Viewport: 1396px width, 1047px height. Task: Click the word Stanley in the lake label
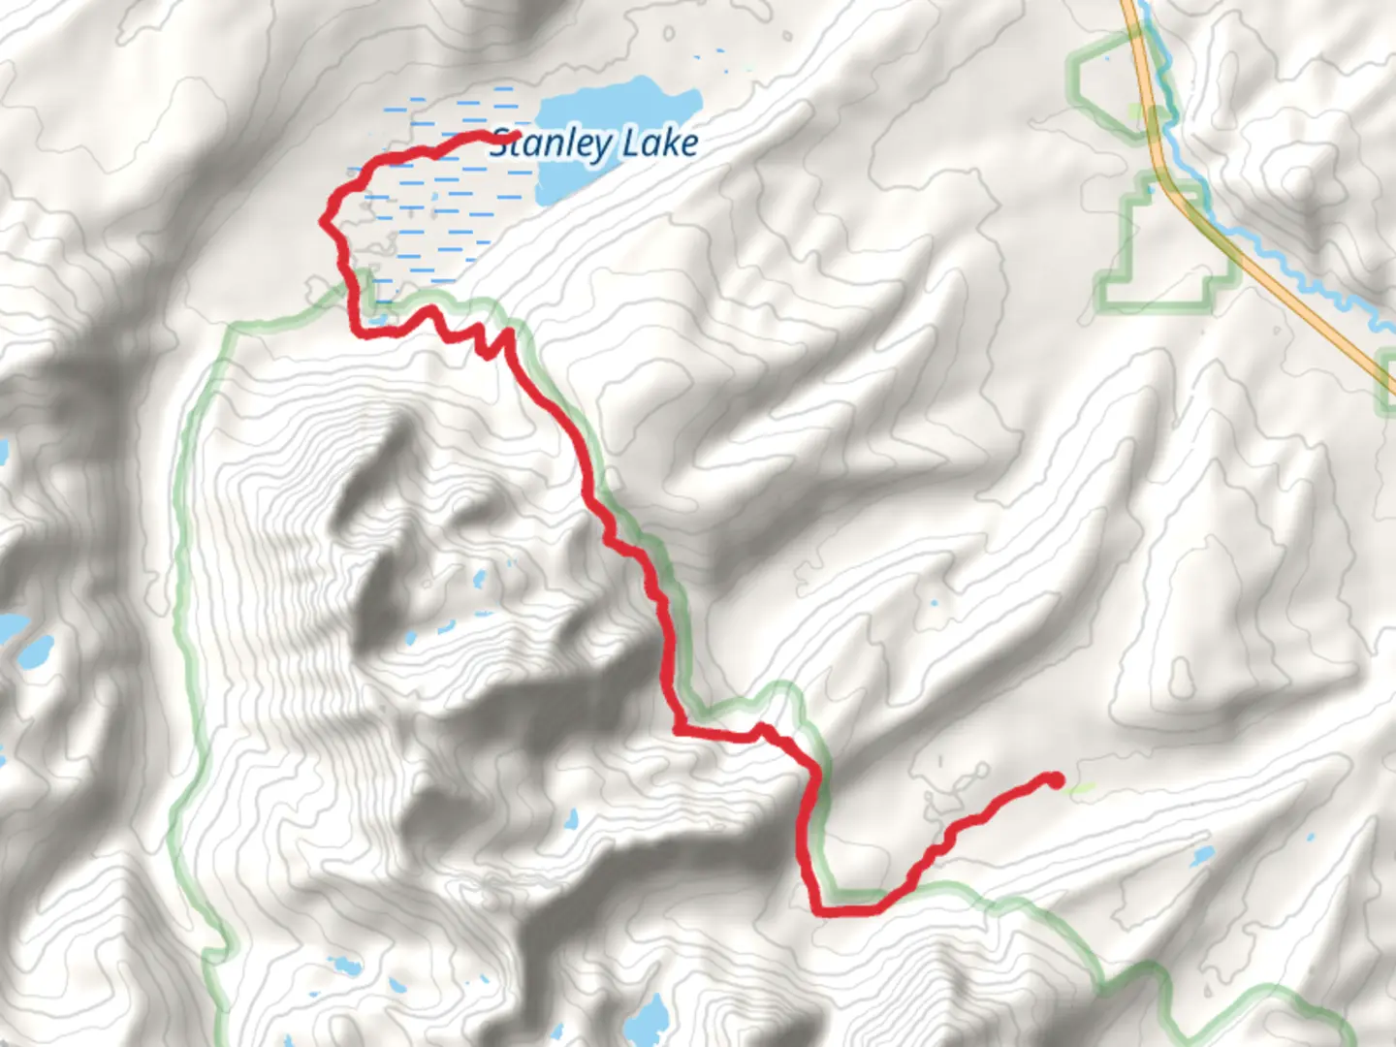[x=549, y=144]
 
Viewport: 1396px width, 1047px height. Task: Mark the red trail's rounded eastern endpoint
[x=1056, y=779]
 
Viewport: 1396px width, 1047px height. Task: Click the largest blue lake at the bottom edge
[x=648, y=1018]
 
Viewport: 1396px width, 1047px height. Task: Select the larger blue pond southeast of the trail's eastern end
[x=1203, y=856]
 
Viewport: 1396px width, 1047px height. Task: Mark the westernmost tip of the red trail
[x=324, y=221]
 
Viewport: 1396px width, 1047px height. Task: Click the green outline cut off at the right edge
[x=1386, y=373]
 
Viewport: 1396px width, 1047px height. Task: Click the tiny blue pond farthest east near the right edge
[x=1311, y=836]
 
